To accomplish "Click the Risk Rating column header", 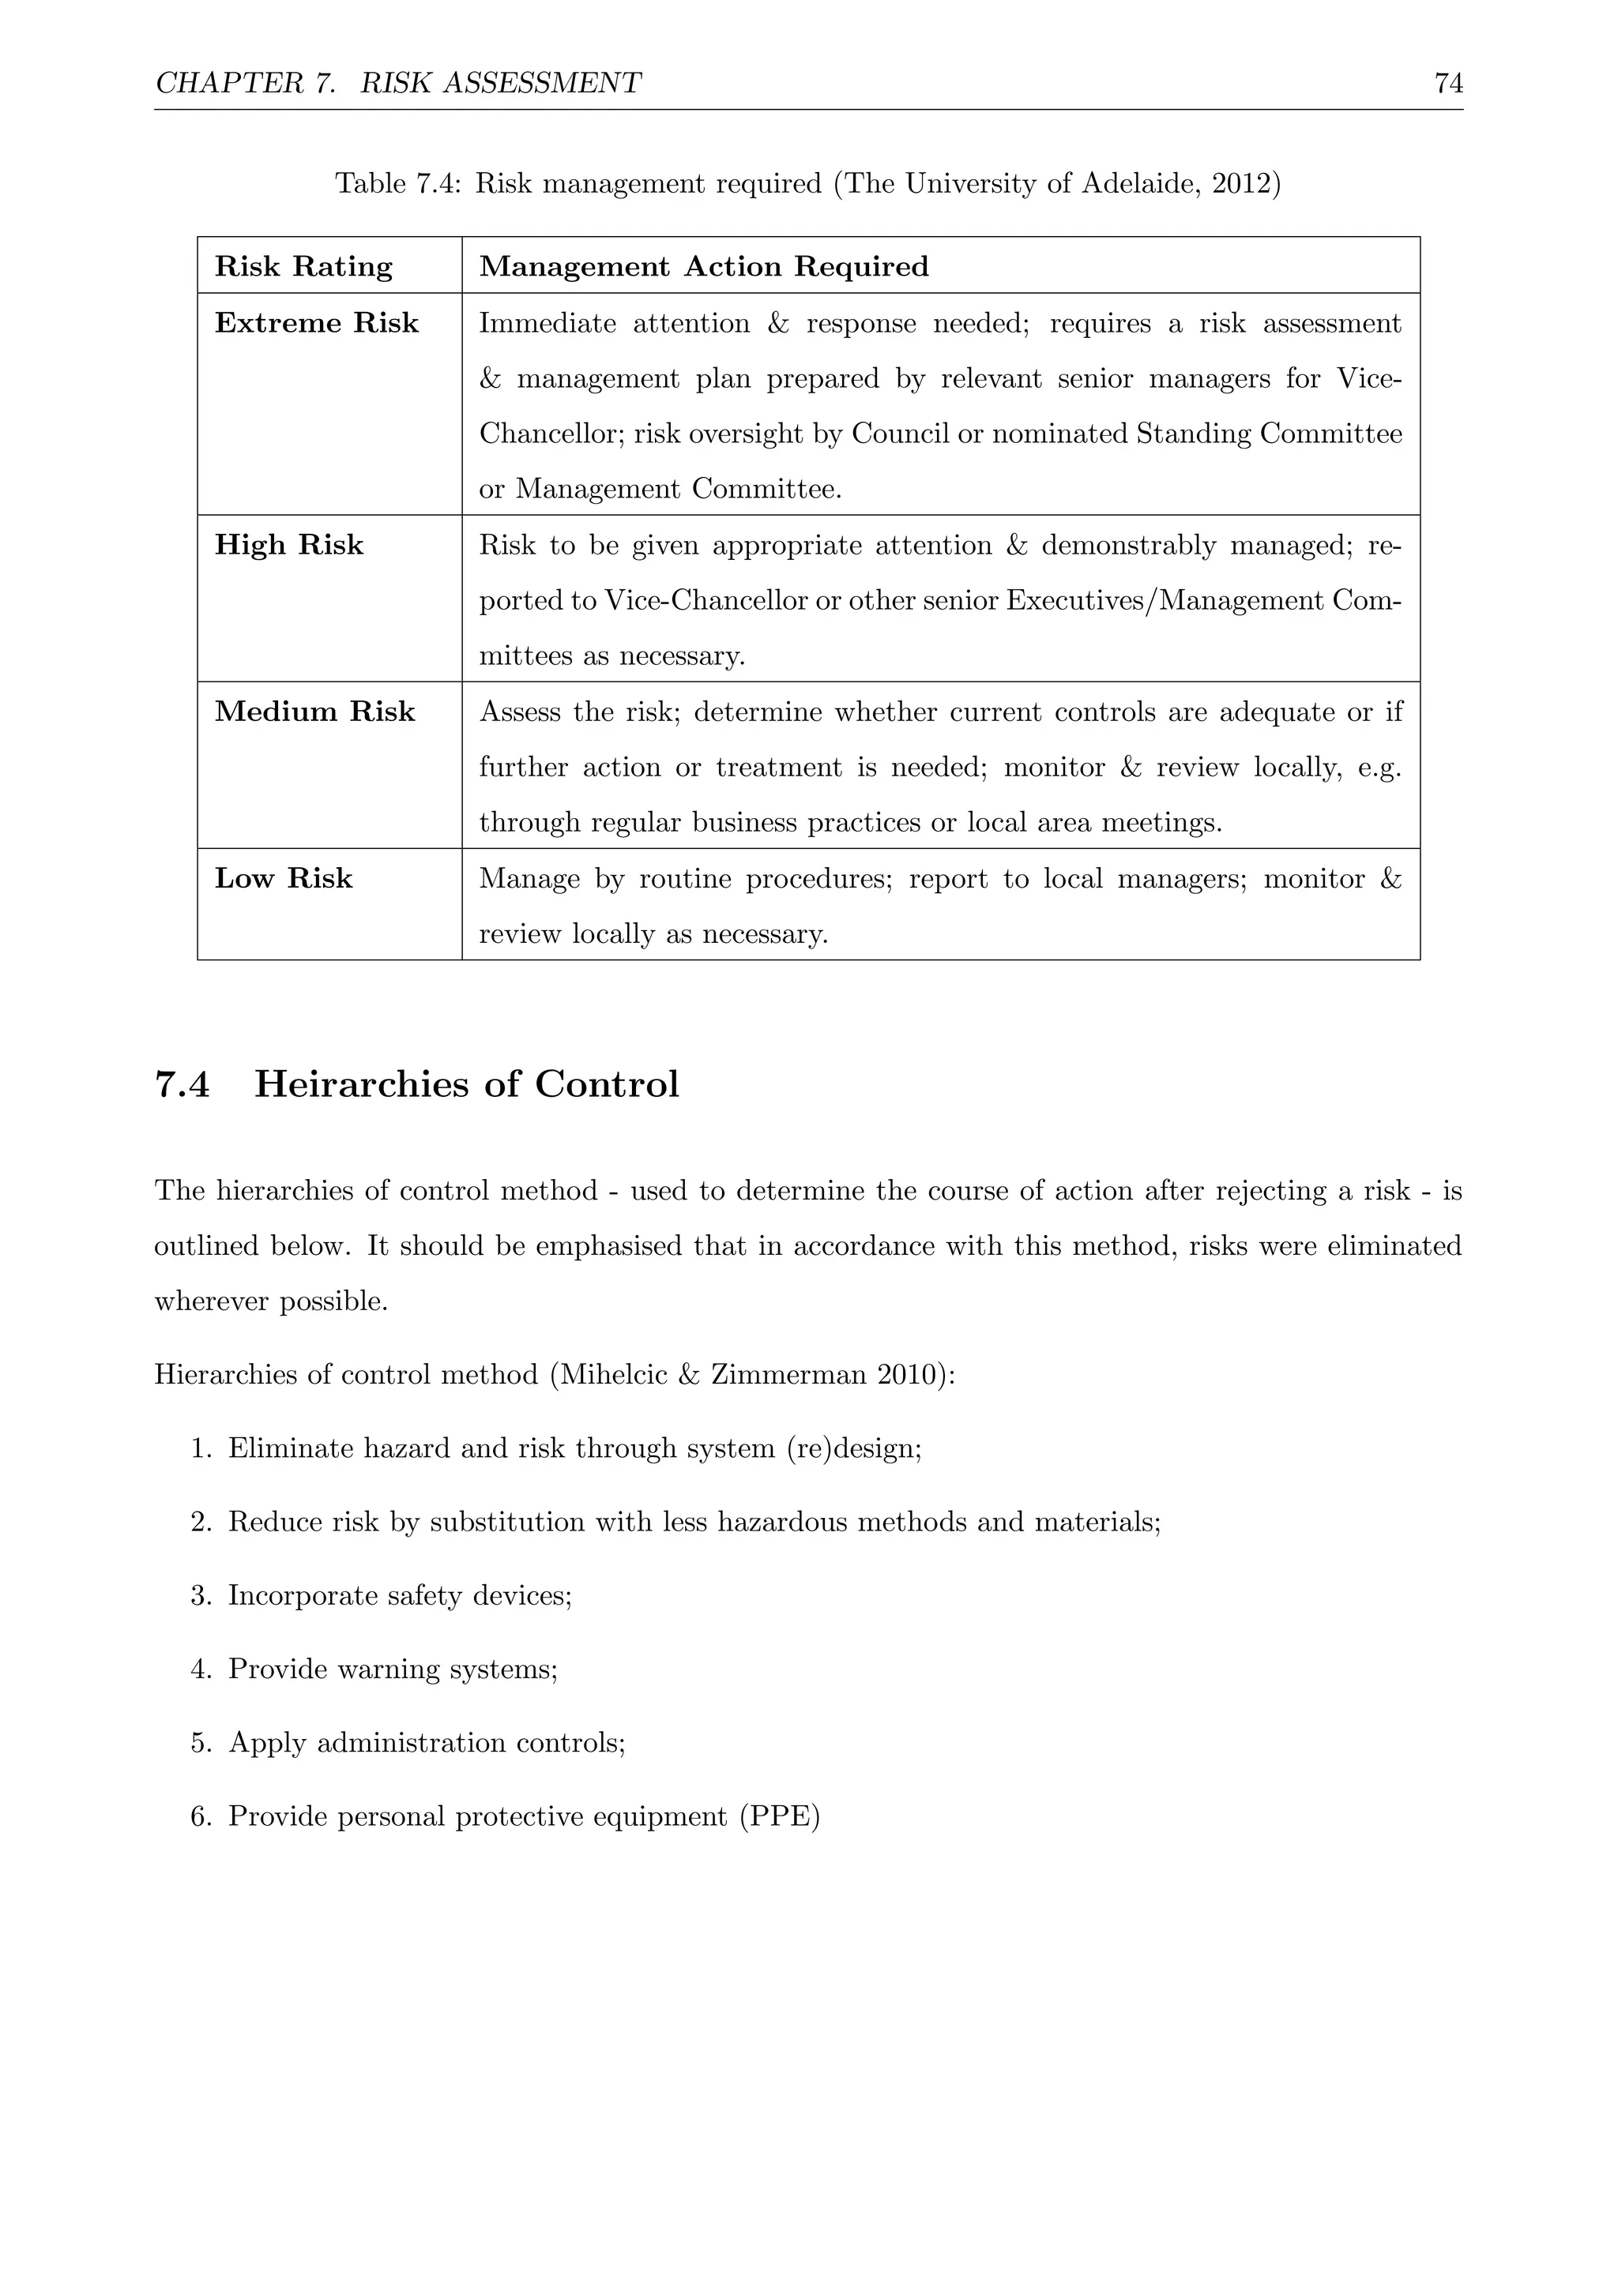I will coord(304,267).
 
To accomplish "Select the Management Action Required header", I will coord(703,267).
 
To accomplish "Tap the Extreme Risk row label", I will coord(317,324).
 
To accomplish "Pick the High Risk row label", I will coord(289,546).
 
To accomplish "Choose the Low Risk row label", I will coord(284,878).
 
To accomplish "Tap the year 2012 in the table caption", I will coord(1240,184).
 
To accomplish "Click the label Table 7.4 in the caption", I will coord(397,184).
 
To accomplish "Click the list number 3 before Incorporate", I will coord(199,1597).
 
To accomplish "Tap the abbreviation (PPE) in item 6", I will coord(779,1818).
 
